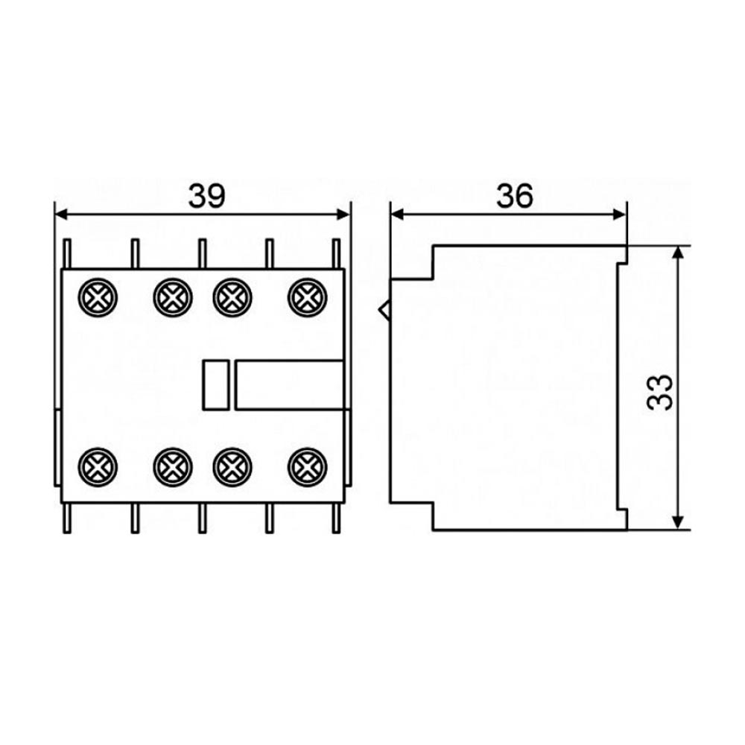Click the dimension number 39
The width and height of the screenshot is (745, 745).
click(x=206, y=196)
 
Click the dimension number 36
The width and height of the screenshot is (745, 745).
click(x=515, y=196)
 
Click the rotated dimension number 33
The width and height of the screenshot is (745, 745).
click(x=660, y=393)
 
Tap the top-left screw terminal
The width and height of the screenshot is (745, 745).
click(x=98, y=297)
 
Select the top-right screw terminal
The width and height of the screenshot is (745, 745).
click(x=308, y=297)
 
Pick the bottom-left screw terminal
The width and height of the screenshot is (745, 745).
click(x=98, y=467)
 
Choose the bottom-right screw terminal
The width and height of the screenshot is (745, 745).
click(x=308, y=467)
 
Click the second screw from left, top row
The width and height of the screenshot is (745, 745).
click(x=173, y=297)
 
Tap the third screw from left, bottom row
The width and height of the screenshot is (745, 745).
click(x=232, y=467)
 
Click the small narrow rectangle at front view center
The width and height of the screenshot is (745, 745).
click(x=216, y=385)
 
